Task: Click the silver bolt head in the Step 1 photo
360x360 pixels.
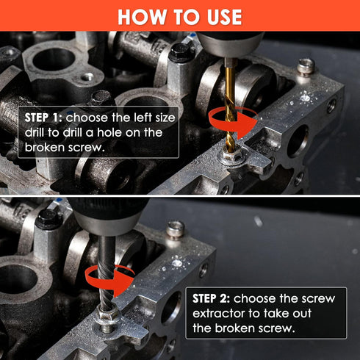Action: point(306,66)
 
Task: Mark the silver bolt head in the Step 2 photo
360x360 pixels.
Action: point(175,229)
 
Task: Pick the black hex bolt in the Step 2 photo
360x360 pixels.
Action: point(48,217)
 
